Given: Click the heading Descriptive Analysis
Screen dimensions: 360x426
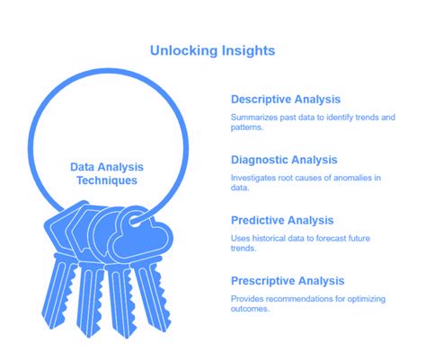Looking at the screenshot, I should tap(285, 99).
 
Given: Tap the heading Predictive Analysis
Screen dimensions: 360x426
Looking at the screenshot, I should tap(281, 220).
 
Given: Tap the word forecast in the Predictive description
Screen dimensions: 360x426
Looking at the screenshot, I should tap(338, 239).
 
